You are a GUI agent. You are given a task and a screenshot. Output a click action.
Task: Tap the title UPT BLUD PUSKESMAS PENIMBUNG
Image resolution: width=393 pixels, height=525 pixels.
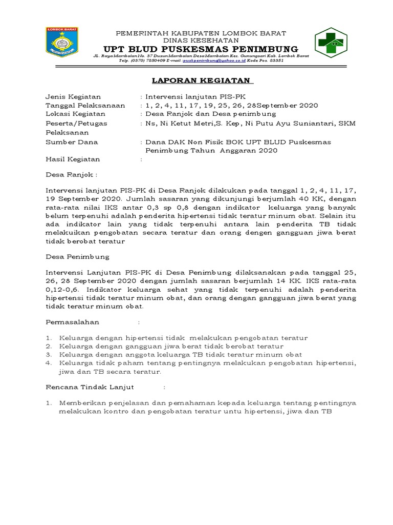(x=200, y=49)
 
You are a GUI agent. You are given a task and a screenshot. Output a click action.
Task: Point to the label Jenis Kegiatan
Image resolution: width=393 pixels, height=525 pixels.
(x=73, y=96)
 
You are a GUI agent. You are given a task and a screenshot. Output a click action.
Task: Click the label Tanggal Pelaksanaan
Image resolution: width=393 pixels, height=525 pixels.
(x=85, y=105)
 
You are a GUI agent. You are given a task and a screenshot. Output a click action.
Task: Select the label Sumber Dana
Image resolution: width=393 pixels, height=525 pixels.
(x=72, y=142)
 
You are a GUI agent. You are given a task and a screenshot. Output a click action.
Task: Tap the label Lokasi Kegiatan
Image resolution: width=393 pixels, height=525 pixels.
(x=75, y=114)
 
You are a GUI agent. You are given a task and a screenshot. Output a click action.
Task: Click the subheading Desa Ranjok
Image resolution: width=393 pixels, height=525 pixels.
(x=71, y=175)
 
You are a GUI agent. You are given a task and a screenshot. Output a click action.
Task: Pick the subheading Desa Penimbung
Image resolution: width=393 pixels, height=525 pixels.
(x=77, y=256)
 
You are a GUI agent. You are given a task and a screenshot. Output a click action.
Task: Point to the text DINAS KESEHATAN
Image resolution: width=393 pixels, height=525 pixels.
(x=201, y=40)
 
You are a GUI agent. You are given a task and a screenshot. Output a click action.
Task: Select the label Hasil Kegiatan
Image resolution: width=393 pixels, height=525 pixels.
(x=73, y=159)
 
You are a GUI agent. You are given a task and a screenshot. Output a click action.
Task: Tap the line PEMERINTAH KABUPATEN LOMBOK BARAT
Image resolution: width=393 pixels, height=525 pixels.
(x=201, y=33)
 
